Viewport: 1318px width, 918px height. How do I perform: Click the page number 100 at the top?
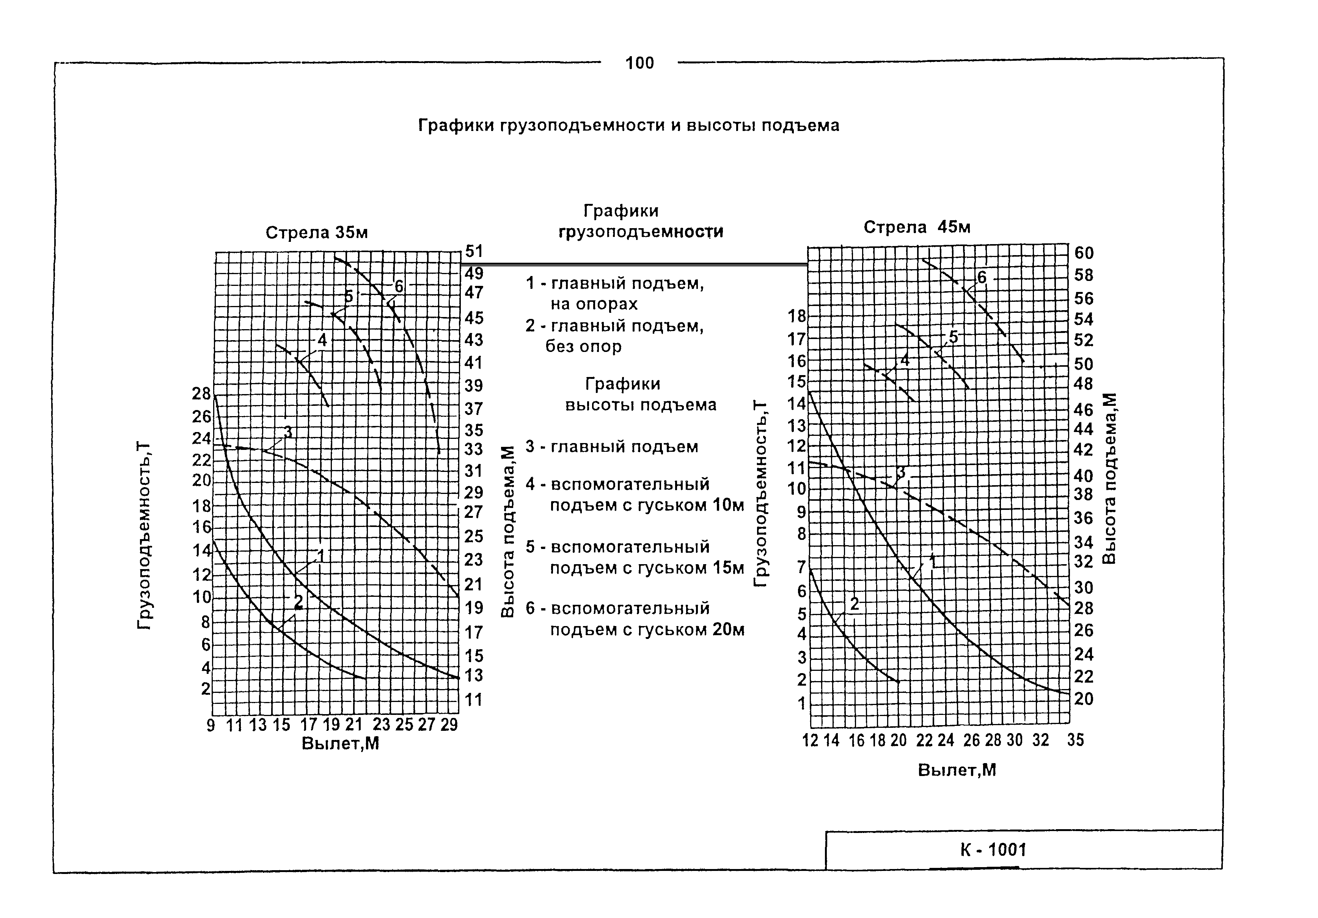pyautogui.click(x=639, y=63)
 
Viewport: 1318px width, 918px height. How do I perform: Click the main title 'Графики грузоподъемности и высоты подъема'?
pyautogui.click(x=628, y=125)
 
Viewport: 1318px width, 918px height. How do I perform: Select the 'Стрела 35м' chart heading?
pyautogui.click(x=316, y=233)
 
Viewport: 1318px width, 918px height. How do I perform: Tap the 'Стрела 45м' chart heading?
pyautogui.click(x=917, y=227)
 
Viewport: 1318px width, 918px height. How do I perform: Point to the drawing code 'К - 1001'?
pyautogui.click(x=993, y=850)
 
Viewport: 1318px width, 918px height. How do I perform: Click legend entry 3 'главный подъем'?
pyautogui.click(x=612, y=446)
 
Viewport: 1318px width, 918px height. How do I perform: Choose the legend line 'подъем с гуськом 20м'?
pyautogui.click(x=647, y=629)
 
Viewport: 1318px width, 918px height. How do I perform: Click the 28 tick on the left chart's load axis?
pyautogui.click(x=201, y=394)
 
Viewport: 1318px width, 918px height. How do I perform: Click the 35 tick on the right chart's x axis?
pyautogui.click(x=1075, y=740)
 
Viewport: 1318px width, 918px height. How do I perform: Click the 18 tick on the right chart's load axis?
pyautogui.click(x=797, y=316)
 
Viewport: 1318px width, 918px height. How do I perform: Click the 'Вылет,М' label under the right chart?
pyautogui.click(x=957, y=770)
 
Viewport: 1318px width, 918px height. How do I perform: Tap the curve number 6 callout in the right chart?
pyautogui.click(x=982, y=278)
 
